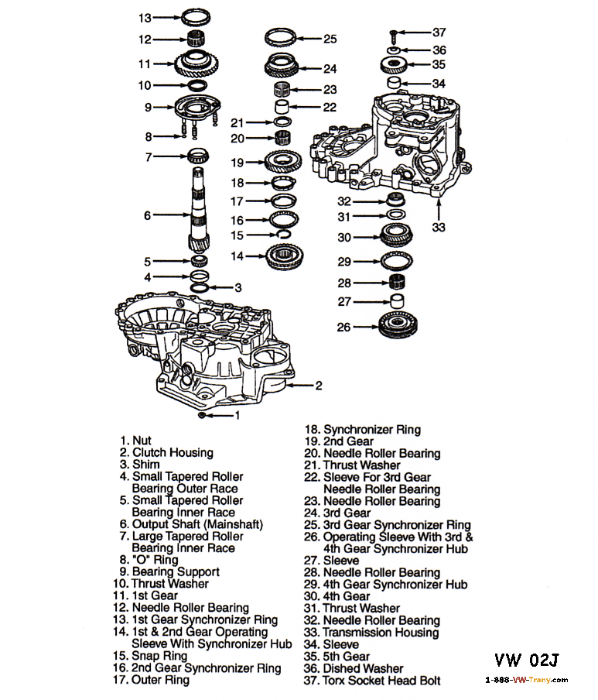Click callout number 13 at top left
point(145,15)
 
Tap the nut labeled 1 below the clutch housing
point(201,416)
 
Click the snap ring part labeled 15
point(284,235)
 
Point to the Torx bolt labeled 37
point(395,33)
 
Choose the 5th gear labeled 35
point(395,64)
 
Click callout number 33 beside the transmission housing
point(439,227)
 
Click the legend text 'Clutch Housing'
point(172,452)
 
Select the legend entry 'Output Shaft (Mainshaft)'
point(187,524)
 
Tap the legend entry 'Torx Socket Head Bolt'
point(381,680)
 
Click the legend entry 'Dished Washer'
point(363,668)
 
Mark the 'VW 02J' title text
point(527,660)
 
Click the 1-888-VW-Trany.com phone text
point(526,680)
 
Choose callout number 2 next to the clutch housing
point(318,385)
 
